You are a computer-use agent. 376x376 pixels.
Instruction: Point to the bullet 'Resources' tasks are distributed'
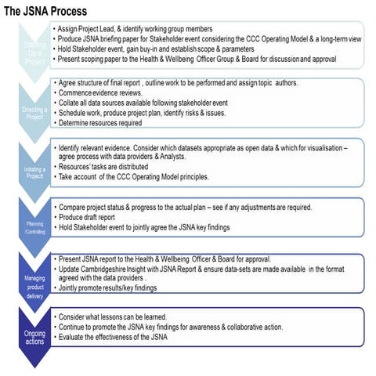coord(109,168)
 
